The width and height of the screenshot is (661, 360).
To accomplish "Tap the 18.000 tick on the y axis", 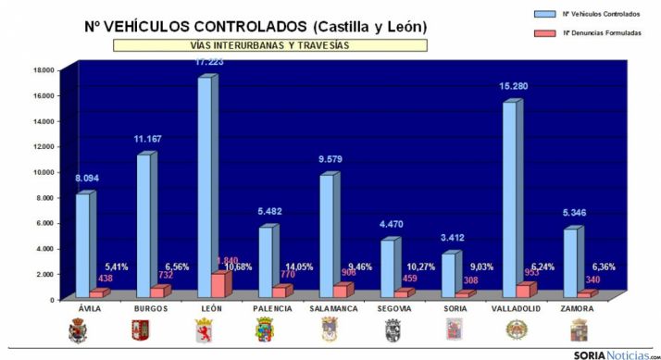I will point(43,69).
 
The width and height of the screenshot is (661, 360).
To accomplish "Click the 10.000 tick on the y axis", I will point(43,172).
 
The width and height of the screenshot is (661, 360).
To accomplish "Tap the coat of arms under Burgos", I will point(141,330).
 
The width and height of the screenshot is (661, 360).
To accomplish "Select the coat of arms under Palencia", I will point(266,330).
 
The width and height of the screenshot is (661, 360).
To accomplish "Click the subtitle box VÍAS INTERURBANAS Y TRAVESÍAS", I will point(269,43).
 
